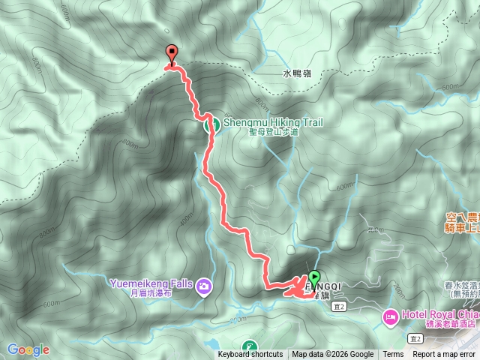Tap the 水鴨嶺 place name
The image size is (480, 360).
pos(297,73)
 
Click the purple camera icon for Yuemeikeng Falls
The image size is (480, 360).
pos(203,285)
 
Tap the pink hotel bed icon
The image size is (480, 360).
pos(391,317)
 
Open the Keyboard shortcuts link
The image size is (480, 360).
pos(250,355)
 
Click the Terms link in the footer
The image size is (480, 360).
pos(393,355)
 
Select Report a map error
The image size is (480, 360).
pos(445,355)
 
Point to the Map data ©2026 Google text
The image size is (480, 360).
pos(333,355)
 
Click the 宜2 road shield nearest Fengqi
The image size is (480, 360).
pos(340,306)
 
